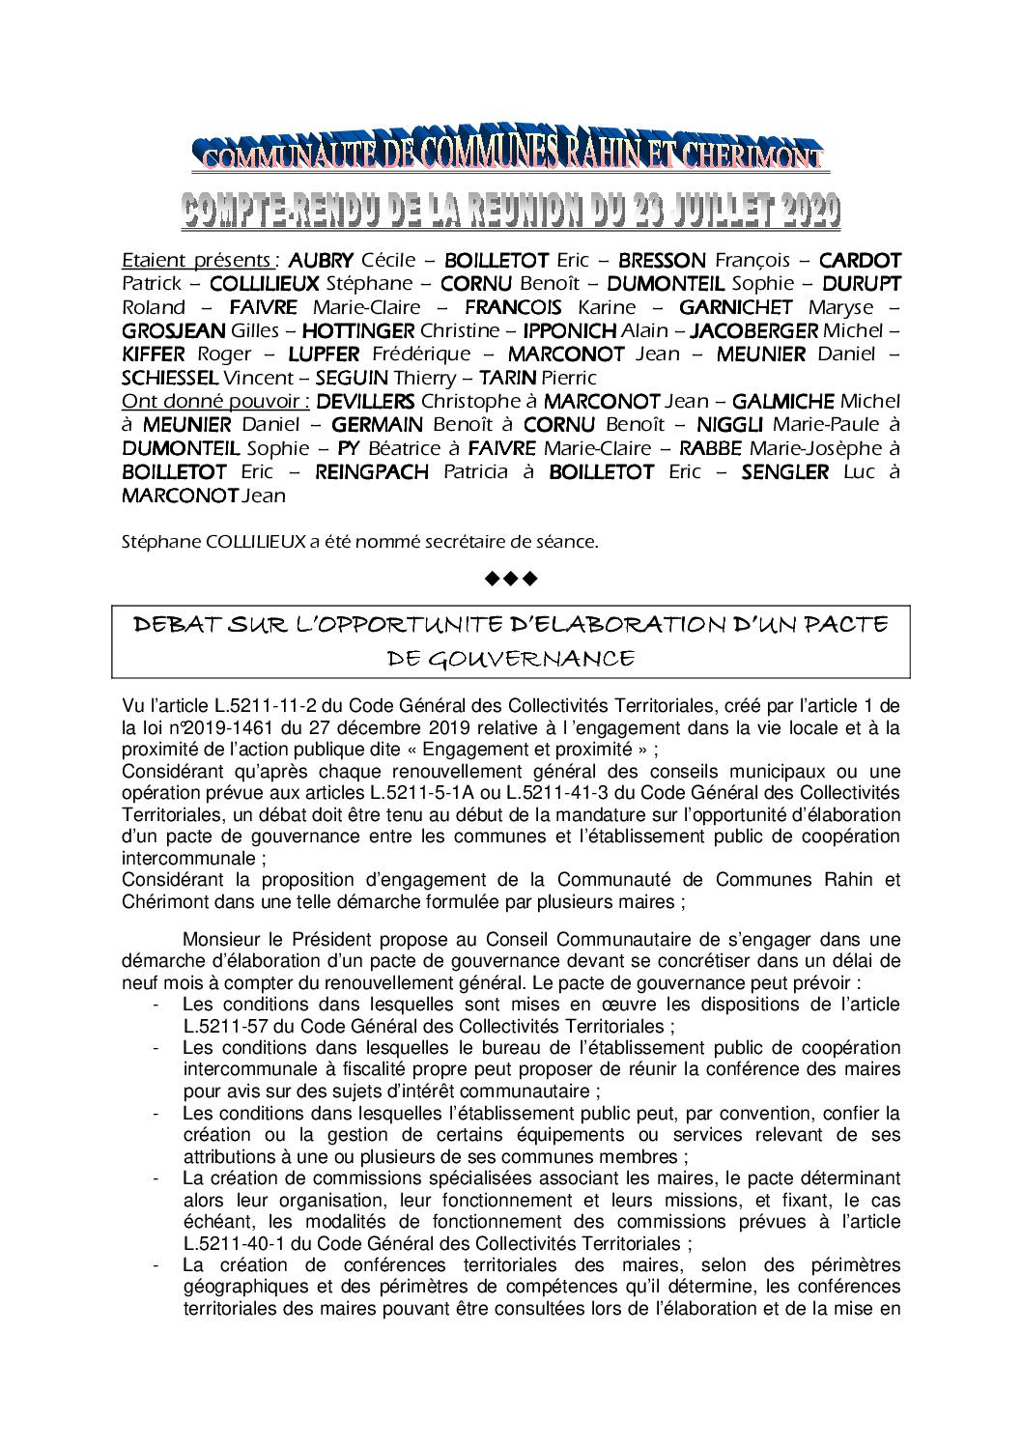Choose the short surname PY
[349, 448]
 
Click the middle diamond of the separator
[511, 580]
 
